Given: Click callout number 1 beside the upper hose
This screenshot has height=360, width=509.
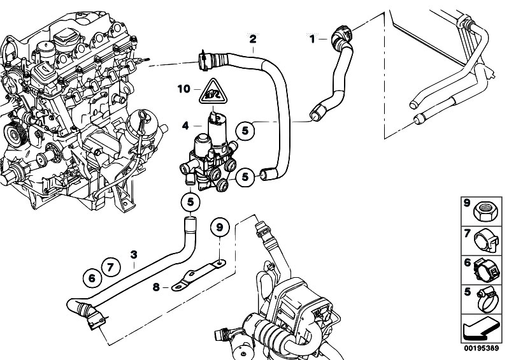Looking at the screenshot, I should pyautogui.click(x=312, y=40).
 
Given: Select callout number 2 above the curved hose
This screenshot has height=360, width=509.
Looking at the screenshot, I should pyautogui.click(x=253, y=39).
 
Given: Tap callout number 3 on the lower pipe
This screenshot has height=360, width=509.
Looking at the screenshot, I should pyautogui.click(x=134, y=255).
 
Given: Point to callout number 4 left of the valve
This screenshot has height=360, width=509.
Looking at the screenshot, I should pyautogui.click(x=185, y=125).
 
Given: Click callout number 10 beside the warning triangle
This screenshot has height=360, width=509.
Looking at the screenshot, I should pyautogui.click(x=184, y=89).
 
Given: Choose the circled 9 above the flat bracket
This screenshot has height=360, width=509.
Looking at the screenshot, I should pyautogui.click(x=219, y=227).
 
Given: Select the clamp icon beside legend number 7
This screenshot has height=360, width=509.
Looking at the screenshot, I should pyautogui.click(x=485, y=241).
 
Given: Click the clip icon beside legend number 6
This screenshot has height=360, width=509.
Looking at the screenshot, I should pyautogui.click(x=485, y=271).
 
